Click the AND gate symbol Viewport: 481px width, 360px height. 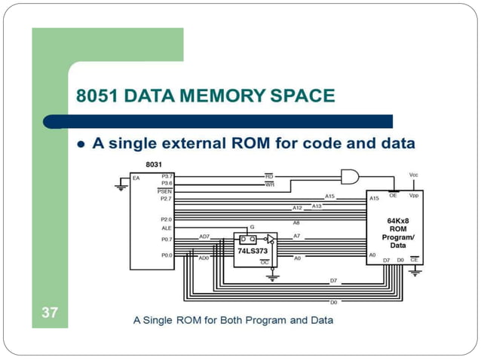[351, 177]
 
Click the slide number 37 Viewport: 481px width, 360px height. [49, 313]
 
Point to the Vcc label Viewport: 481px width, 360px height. [413, 174]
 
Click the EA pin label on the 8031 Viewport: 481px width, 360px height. [136, 178]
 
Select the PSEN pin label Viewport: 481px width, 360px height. [165, 191]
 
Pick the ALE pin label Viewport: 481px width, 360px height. [166, 227]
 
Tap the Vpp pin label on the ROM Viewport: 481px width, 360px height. [414, 195]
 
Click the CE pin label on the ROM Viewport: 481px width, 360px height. [414, 259]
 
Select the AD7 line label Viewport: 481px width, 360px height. [204, 236]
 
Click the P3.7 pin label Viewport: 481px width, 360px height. [167, 175]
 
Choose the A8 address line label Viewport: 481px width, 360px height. [296, 223]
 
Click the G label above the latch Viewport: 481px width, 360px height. [253, 227]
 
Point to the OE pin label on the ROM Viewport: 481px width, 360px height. [393, 195]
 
